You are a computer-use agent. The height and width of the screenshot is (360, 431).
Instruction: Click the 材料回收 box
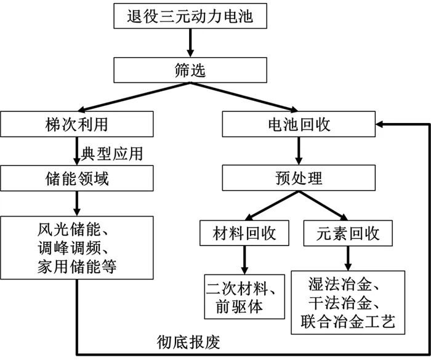(x=244, y=234)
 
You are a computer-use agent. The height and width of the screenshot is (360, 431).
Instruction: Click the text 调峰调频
(x=73, y=250)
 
